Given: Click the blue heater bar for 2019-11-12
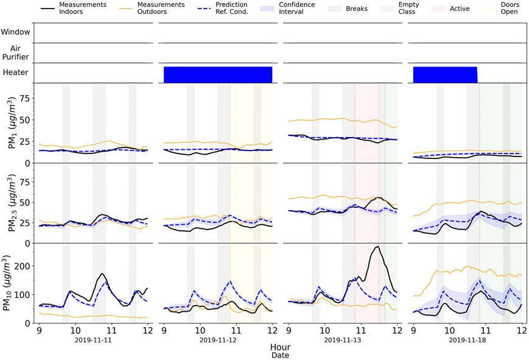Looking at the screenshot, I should tap(217, 74).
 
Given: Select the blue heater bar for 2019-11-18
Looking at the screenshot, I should tap(445, 74).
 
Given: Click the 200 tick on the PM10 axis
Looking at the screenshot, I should tap(24, 266).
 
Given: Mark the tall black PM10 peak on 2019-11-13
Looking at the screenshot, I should tap(377, 247).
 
